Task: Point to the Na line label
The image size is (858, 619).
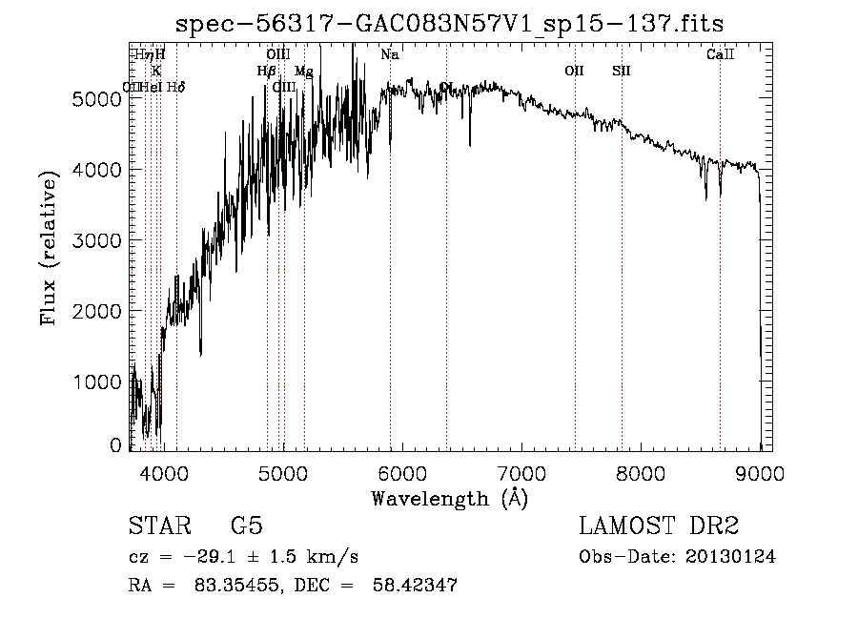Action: click(x=389, y=55)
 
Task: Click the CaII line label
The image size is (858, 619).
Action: click(x=720, y=55)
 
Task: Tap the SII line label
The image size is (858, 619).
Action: click(x=622, y=71)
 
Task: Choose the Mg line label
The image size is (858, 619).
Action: click(x=303, y=72)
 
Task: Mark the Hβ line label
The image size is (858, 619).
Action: click(x=266, y=72)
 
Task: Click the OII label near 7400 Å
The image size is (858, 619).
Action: click(x=574, y=71)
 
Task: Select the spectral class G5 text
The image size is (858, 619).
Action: click(x=247, y=526)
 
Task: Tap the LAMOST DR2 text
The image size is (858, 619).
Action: click(x=658, y=526)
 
